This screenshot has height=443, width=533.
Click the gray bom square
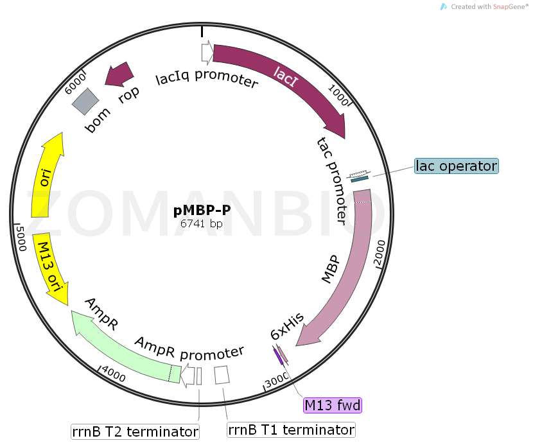85,101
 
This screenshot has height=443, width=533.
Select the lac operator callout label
456,166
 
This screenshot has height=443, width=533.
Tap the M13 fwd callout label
333,405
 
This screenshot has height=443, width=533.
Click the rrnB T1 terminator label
291,430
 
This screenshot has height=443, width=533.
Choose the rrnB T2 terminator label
134,431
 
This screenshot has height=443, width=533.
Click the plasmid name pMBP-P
202,211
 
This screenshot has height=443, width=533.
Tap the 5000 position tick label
20,237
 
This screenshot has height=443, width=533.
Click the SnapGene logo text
488,6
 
